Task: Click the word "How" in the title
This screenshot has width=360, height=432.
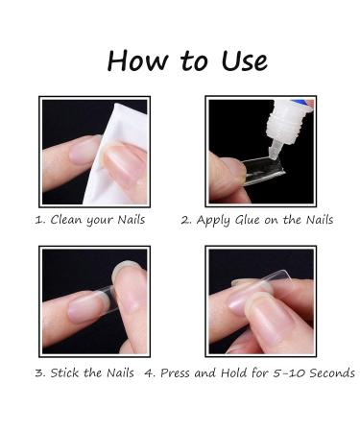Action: pyautogui.click(x=137, y=60)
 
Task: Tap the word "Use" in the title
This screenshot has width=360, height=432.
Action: pyautogui.click(x=244, y=60)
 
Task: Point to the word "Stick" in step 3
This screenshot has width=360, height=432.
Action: pyautogui.click(x=65, y=372)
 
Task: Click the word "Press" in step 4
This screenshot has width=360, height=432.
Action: pyautogui.click(x=175, y=372)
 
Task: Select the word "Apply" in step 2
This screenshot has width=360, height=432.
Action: pyautogui.click(x=213, y=220)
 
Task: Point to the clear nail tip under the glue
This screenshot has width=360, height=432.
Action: pyautogui.click(x=262, y=171)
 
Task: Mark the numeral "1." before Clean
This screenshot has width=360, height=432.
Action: pyautogui.click(x=40, y=220)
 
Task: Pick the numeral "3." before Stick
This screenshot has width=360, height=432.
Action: pyautogui.click(x=40, y=373)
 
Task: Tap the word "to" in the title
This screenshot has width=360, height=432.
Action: pyautogui.click(x=194, y=60)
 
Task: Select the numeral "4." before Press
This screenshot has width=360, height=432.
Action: pyautogui.click(x=151, y=373)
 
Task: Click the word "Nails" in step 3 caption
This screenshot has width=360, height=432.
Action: pyautogui.click(x=120, y=372)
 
